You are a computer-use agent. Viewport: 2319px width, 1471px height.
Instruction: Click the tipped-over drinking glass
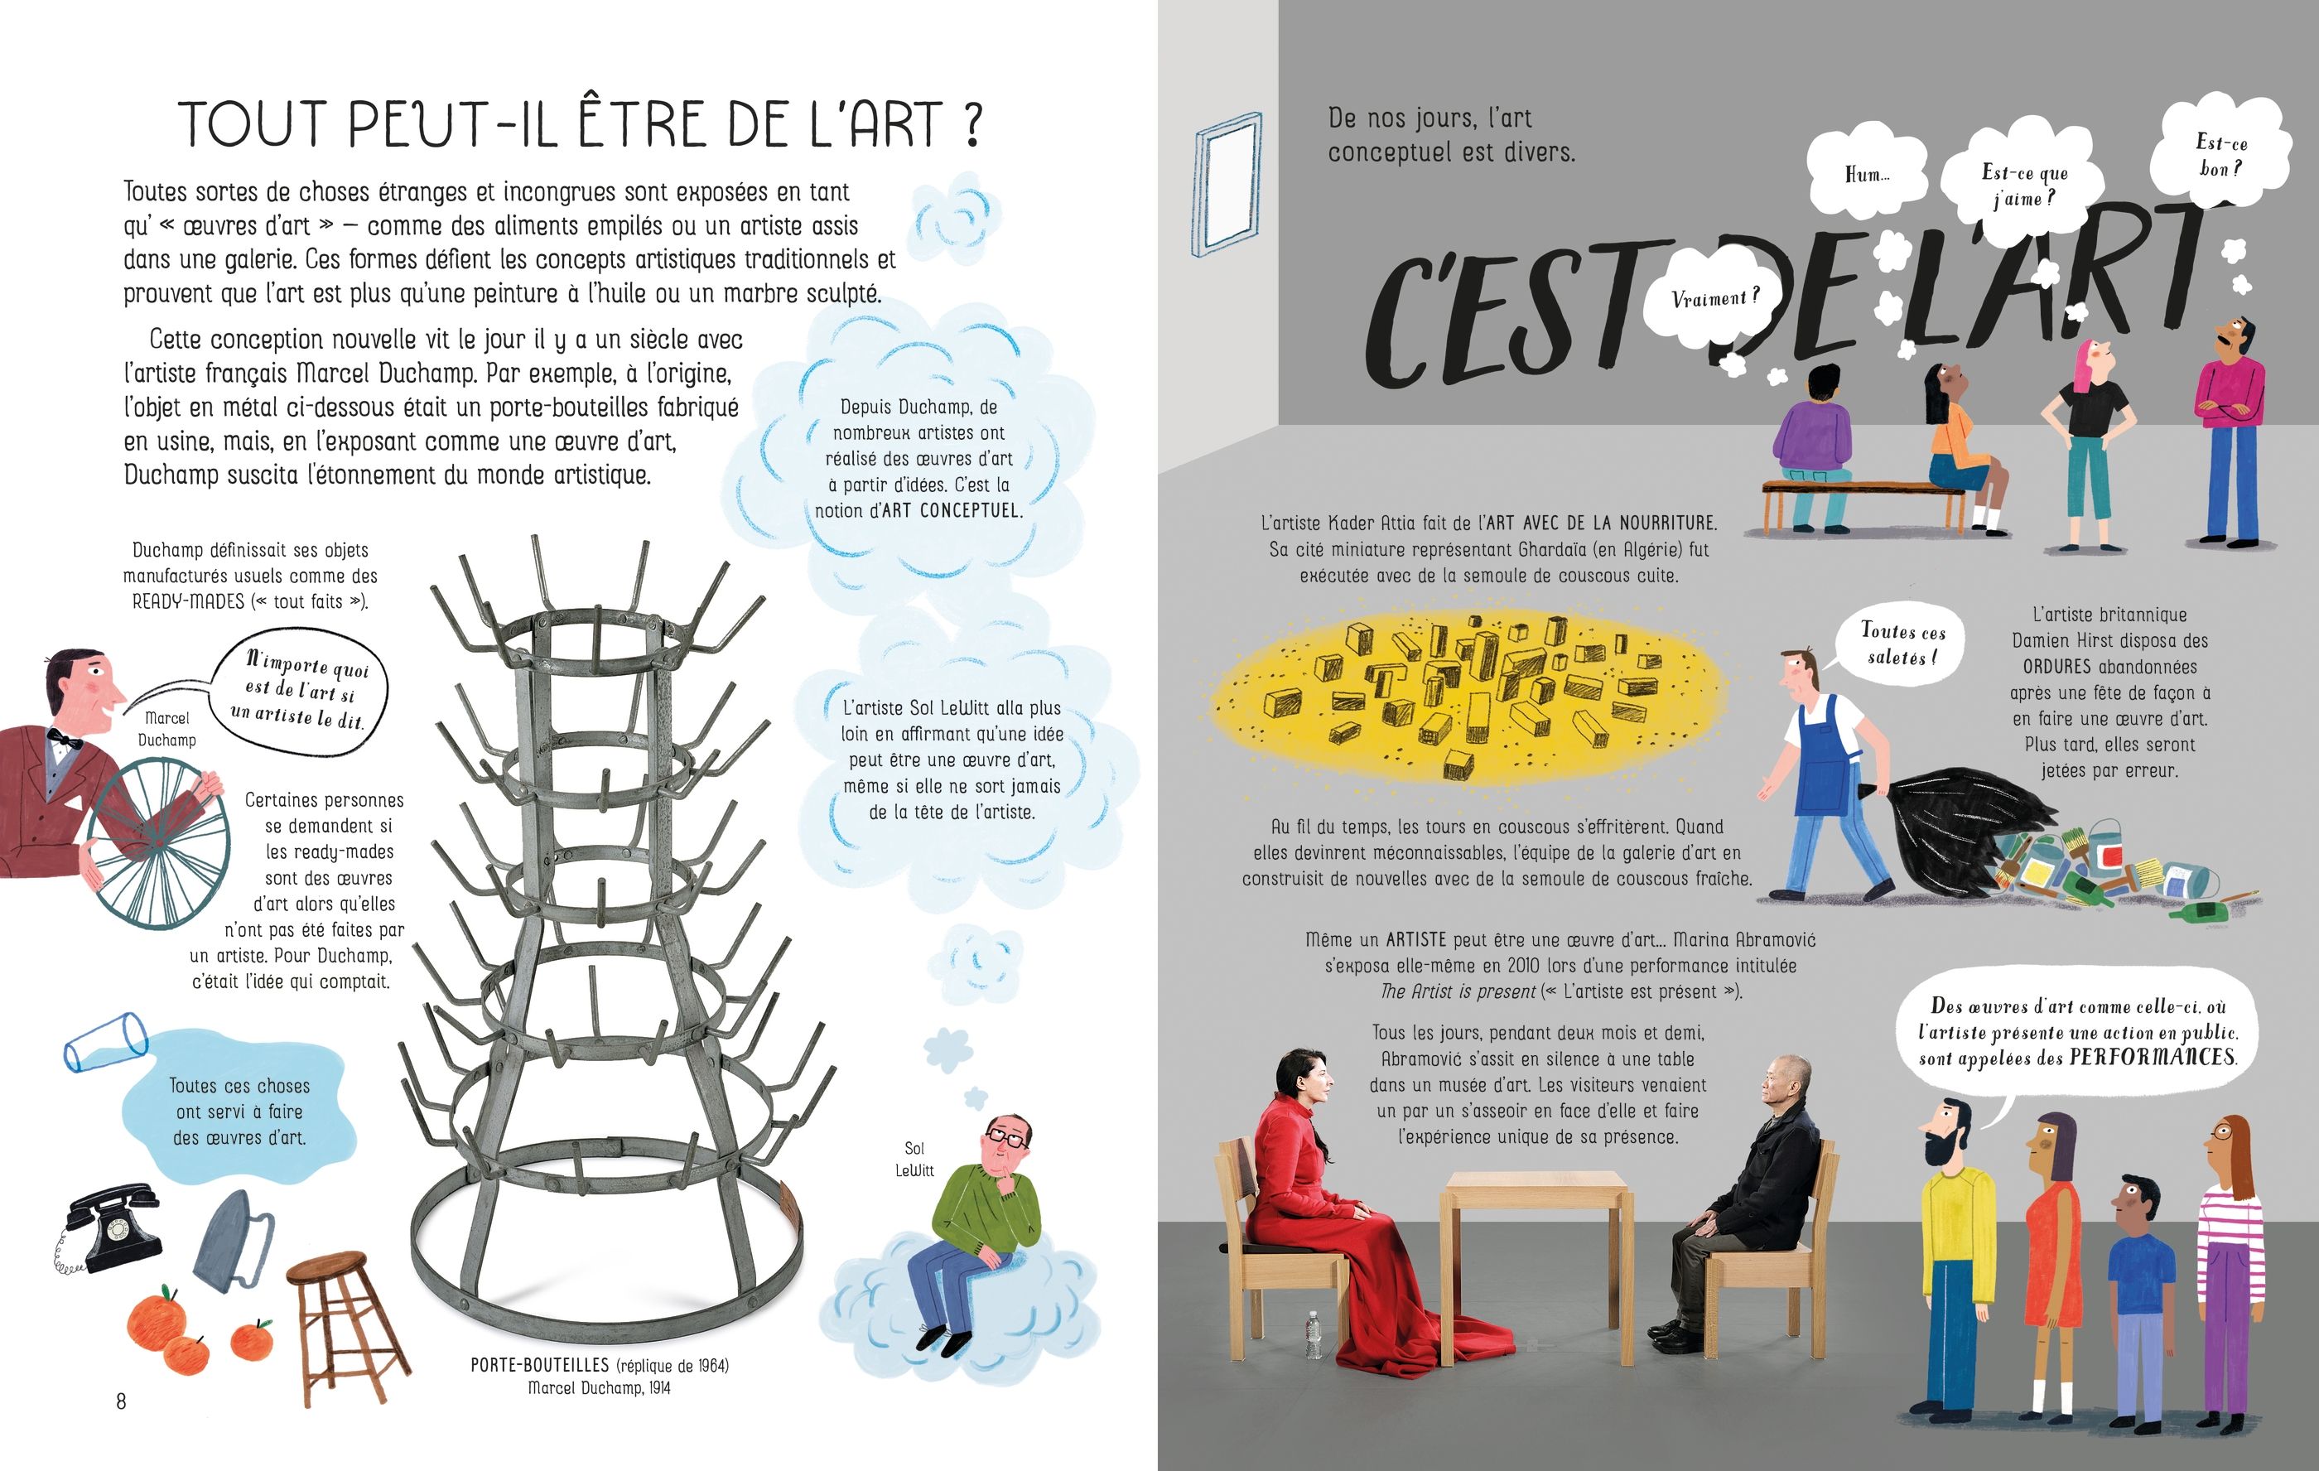pyautogui.click(x=104, y=1040)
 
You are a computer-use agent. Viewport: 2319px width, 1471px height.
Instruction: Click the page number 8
pyautogui.click(x=122, y=1401)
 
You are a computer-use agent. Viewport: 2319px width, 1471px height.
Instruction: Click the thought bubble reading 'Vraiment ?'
pyautogui.click(x=1715, y=299)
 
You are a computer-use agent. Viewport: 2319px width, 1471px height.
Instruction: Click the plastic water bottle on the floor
pyautogui.click(x=1313, y=1334)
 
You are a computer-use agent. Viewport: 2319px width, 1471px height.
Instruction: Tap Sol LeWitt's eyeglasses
pyautogui.click(x=1005, y=1139)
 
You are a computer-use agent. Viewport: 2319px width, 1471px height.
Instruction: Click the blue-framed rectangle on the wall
pyautogui.click(x=1226, y=184)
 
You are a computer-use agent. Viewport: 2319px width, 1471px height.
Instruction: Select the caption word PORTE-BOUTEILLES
pyautogui.click(x=539, y=1365)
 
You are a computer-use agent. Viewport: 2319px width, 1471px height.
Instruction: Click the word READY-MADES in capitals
pyautogui.click(x=188, y=602)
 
